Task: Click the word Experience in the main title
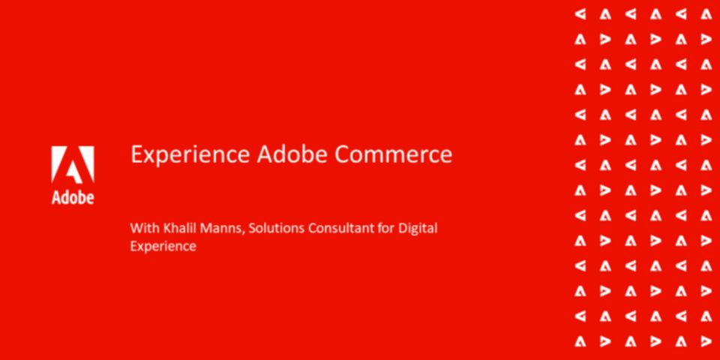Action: click(190, 154)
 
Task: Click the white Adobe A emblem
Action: click(73, 164)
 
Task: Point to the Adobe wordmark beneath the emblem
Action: click(73, 196)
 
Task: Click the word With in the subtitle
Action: click(142, 228)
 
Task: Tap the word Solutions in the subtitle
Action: click(276, 228)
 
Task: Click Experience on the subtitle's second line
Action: click(163, 247)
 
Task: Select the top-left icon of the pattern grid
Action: click(580, 15)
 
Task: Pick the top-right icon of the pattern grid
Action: click(706, 15)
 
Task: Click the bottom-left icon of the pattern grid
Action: click(580, 341)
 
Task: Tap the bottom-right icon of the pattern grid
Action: click(706, 341)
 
